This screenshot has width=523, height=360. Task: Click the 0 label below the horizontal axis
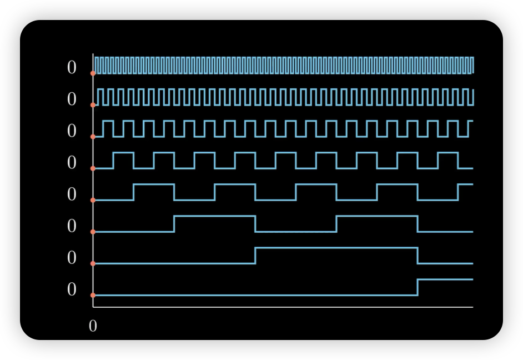93,326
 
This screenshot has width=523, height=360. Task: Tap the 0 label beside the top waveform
72,68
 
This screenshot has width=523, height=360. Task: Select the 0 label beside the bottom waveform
72,289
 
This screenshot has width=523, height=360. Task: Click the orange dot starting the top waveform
93,73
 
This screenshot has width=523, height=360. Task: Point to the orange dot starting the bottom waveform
93,295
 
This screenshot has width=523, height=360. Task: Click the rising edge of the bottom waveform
418,287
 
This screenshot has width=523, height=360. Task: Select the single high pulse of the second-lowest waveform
336,248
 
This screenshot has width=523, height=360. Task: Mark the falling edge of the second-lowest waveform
418,256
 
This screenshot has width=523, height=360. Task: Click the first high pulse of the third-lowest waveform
214,216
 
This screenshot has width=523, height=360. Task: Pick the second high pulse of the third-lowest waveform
376,216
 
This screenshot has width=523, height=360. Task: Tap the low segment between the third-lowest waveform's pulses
295,232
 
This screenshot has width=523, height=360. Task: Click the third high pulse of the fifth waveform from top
316,184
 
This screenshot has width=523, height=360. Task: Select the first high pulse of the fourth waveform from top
123,153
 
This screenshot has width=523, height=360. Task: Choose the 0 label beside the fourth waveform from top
72,163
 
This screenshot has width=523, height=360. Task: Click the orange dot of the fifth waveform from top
93,200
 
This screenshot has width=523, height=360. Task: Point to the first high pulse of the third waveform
108,121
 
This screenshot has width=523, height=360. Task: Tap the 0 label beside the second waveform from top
72,99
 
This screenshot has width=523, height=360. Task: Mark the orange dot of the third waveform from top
93,137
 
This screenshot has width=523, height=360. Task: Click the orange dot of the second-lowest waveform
93,263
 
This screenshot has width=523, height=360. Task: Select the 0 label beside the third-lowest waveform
72,226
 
